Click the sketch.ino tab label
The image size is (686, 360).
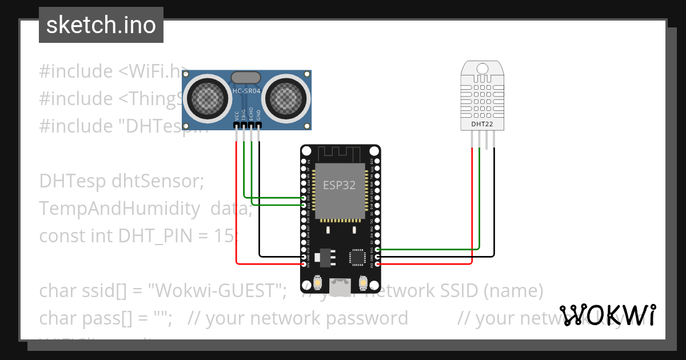(101, 25)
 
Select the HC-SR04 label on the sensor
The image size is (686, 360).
(247, 91)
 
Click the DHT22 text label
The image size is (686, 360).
(482, 124)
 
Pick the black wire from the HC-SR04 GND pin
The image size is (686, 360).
(259, 200)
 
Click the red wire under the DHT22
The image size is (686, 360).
(472, 206)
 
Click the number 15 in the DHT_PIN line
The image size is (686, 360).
(225, 235)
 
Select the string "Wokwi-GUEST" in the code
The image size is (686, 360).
(217, 291)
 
